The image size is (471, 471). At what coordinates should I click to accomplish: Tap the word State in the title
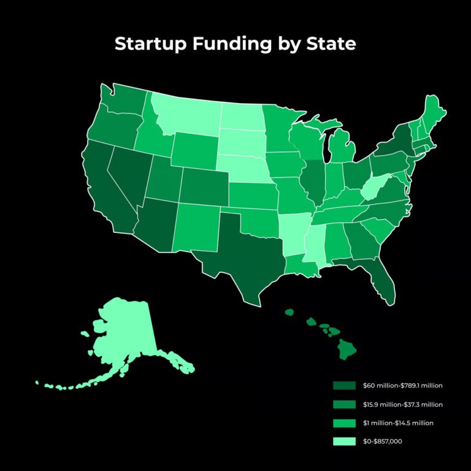tap(331, 45)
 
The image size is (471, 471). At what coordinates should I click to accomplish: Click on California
tap(107, 190)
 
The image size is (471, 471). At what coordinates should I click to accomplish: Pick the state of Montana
tap(187, 113)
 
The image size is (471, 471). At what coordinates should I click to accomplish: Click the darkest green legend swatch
tap(344, 386)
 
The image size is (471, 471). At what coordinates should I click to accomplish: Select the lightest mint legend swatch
tap(344, 441)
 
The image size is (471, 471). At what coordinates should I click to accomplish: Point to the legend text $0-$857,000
tap(383, 442)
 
